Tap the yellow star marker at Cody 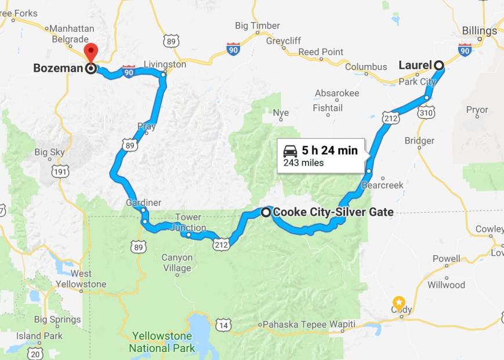pyautogui.click(x=399, y=302)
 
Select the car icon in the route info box pyautogui.click(x=291, y=151)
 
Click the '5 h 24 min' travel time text pyautogui.click(x=329, y=151)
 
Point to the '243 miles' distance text pyautogui.click(x=303, y=163)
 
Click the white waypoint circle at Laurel pyautogui.click(x=439, y=65)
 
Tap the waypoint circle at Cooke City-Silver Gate pyautogui.click(x=266, y=212)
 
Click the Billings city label pyautogui.click(x=480, y=31)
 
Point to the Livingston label pyautogui.click(x=165, y=64)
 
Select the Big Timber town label pyautogui.click(x=257, y=26)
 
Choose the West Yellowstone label pyautogui.click(x=81, y=279)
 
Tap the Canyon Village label pyautogui.click(x=177, y=263)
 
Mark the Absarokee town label pyautogui.click(x=337, y=93)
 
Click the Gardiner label pyautogui.click(x=143, y=202)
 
